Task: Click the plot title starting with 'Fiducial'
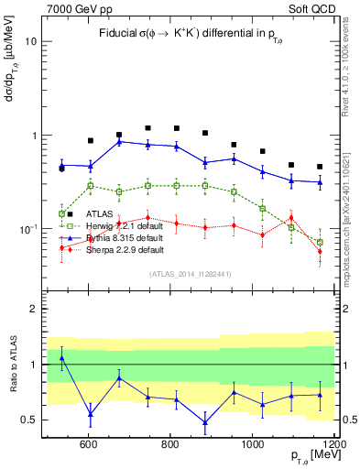click(x=187, y=34)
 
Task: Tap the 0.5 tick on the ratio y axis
click(x=30, y=420)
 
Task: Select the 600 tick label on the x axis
click(x=89, y=444)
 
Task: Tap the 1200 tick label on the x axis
click(x=333, y=444)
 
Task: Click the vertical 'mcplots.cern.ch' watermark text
click(x=353, y=183)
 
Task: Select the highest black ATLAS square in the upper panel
click(x=147, y=128)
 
